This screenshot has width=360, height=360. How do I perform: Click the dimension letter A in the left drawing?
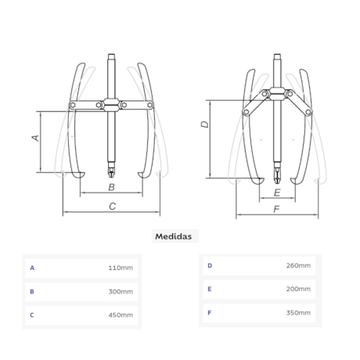pyautogui.click(x=35, y=138)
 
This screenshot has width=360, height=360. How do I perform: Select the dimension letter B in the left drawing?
pyautogui.click(x=111, y=188)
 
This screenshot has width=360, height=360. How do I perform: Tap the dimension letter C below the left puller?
pyautogui.click(x=112, y=206)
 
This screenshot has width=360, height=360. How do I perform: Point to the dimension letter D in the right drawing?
pyautogui.click(x=204, y=124)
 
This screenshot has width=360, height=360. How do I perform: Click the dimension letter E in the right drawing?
pyautogui.click(x=277, y=192)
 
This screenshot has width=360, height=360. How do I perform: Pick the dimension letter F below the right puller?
pyautogui.click(x=277, y=209)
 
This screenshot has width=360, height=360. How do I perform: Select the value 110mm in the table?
pyautogui.click(x=121, y=268)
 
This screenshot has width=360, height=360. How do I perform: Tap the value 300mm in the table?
pyautogui.click(x=121, y=291)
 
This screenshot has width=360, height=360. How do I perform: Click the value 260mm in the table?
pyautogui.click(x=298, y=265)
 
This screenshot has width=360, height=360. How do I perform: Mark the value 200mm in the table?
pyautogui.click(x=298, y=289)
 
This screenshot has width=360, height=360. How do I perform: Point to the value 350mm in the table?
pyautogui.click(x=298, y=312)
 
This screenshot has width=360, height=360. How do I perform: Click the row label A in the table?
pyautogui.click(x=32, y=268)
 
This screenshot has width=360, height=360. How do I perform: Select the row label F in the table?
pyautogui.click(x=210, y=312)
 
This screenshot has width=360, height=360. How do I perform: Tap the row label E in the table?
pyautogui.click(x=210, y=289)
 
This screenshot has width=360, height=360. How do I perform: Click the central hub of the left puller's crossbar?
pyautogui.click(x=111, y=104)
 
